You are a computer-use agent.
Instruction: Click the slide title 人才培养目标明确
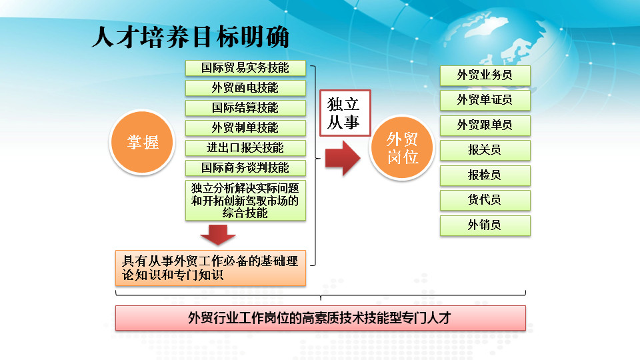point(191,37)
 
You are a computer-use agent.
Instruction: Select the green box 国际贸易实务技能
point(245,68)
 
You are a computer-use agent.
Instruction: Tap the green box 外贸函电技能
point(245,88)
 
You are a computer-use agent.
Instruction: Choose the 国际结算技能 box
point(245,108)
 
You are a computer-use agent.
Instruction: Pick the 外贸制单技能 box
point(245,128)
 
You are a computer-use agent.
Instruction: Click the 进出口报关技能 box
point(245,148)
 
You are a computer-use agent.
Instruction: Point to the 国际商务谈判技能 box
point(245,168)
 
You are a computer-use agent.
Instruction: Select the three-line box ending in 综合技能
point(245,201)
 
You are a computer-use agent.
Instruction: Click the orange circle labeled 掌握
point(143,142)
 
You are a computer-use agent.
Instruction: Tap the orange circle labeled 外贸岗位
point(403,147)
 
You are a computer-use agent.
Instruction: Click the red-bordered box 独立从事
point(345,113)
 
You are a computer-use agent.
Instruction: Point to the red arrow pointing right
point(343,158)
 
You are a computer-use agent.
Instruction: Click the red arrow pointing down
point(218,235)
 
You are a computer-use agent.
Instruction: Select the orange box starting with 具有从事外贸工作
point(211,268)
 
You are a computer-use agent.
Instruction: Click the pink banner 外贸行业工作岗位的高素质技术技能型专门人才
point(321,318)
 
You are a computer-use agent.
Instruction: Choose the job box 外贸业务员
point(485,75)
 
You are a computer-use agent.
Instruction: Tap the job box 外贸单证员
point(485,100)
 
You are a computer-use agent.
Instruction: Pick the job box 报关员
point(485,150)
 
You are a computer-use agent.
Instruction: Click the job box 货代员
point(485,200)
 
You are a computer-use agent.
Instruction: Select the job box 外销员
point(485,225)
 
